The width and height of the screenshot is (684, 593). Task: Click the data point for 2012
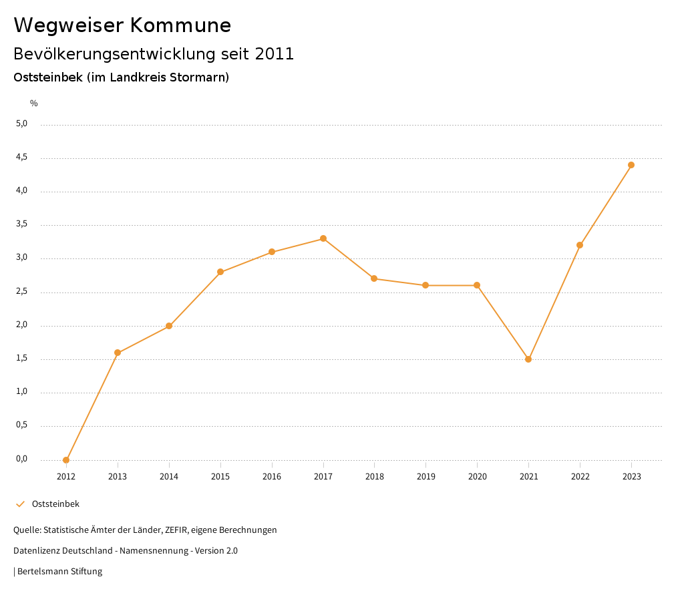66,460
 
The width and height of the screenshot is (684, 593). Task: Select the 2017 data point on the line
323,238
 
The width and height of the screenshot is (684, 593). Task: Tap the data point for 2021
528,359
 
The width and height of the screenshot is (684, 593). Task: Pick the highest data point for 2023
631,165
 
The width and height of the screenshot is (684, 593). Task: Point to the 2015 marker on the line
220,272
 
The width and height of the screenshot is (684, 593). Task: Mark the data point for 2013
118,353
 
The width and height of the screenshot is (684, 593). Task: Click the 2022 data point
580,245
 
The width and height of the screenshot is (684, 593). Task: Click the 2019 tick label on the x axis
425,477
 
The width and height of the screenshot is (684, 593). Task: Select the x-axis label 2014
169,477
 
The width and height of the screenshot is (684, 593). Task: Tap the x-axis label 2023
631,477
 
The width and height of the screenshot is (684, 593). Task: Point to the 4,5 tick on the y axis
22,158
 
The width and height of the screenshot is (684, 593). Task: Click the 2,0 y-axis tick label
22,325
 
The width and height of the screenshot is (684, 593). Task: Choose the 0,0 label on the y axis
22,459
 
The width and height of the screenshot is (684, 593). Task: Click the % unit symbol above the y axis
34,104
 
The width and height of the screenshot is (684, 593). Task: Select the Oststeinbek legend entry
55,504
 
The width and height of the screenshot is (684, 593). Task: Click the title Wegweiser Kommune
122,25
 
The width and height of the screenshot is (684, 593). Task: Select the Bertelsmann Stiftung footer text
59,572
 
